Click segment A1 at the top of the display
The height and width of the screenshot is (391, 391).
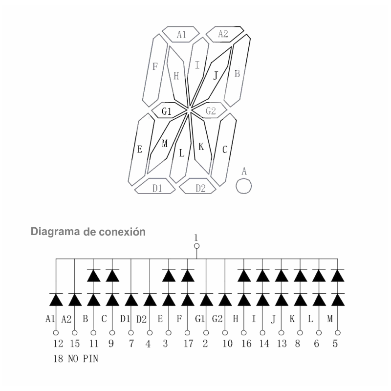click(x=181, y=34)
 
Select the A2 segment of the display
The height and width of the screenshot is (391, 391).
click(x=225, y=34)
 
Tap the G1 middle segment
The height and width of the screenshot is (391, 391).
click(x=169, y=110)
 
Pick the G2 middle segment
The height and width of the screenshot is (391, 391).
click(x=209, y=110)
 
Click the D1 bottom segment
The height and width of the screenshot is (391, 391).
click(x=155, y=186)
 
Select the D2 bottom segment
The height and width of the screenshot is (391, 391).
click(x=198, y=186)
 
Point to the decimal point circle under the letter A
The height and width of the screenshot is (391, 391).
click(x=243, y=186)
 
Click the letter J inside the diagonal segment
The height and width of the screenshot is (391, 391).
click(x=216, y=75)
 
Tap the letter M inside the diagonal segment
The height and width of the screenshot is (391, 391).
click(x=165, y=144)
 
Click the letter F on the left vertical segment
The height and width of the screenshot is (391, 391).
click(x=155, y=66)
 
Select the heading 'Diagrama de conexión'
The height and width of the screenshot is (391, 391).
click(x=88, y=232)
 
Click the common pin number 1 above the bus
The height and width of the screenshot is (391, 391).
click(x=196, y=238)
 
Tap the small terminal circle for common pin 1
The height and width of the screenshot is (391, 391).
click(x=197, y=246)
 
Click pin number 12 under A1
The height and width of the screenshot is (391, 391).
click(x=58, y=344)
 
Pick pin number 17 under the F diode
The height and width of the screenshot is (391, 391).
click(x=189, y=344)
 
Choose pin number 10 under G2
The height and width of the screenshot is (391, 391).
click(x=227, y=344)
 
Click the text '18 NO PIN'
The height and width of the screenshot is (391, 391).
click(x=76, y=359)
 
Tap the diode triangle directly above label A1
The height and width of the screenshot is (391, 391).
click(x=56, y=300)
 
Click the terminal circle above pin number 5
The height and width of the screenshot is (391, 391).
click(x=338, y=333)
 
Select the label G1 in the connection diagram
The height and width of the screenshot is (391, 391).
click(x=200, y=319)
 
